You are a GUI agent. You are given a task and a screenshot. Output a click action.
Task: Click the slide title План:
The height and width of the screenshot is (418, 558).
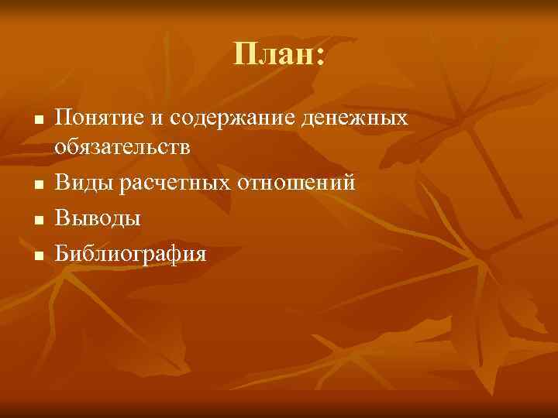(279, 55)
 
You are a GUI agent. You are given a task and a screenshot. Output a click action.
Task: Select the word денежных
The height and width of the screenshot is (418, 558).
(363, 118)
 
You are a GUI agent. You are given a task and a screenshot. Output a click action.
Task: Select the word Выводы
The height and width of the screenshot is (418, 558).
(98, 218)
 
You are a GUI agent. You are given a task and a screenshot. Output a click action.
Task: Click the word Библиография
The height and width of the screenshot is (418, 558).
(131, 253)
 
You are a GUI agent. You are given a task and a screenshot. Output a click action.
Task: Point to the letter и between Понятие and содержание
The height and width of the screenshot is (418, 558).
(153, 120)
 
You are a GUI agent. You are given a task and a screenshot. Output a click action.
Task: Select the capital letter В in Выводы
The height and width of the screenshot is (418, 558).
(62, 218)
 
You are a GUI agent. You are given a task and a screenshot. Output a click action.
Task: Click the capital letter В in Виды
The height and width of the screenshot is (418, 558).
(62, 183)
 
